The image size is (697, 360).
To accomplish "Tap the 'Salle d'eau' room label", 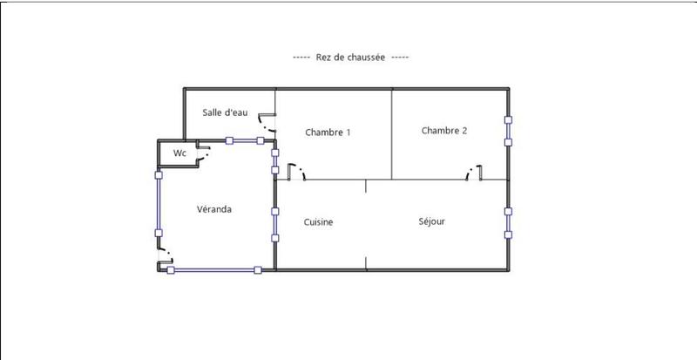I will tap(226, 112).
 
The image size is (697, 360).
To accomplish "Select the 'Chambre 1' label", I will tap(328, 132).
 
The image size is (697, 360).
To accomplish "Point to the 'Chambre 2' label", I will tap(444, 131).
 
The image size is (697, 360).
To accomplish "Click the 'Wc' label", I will tap(179, 153).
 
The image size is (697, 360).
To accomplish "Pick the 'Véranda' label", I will tap(213, 209).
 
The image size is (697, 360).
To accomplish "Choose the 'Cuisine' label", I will tap(318, 222).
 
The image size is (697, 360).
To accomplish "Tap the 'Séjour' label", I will tap(432, 221).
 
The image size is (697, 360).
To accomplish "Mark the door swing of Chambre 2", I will tap(475, 172).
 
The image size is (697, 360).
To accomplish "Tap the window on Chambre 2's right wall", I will tap(508, 130).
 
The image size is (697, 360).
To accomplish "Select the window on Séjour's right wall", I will tap(508, 222).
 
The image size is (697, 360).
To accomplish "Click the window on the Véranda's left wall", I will tap(159, 203).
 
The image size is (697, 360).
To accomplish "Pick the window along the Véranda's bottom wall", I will tap(213, 270).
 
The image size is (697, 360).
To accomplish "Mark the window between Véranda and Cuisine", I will tap(274, 224).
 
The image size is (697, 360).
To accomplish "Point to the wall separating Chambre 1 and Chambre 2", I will tap(391, 133).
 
